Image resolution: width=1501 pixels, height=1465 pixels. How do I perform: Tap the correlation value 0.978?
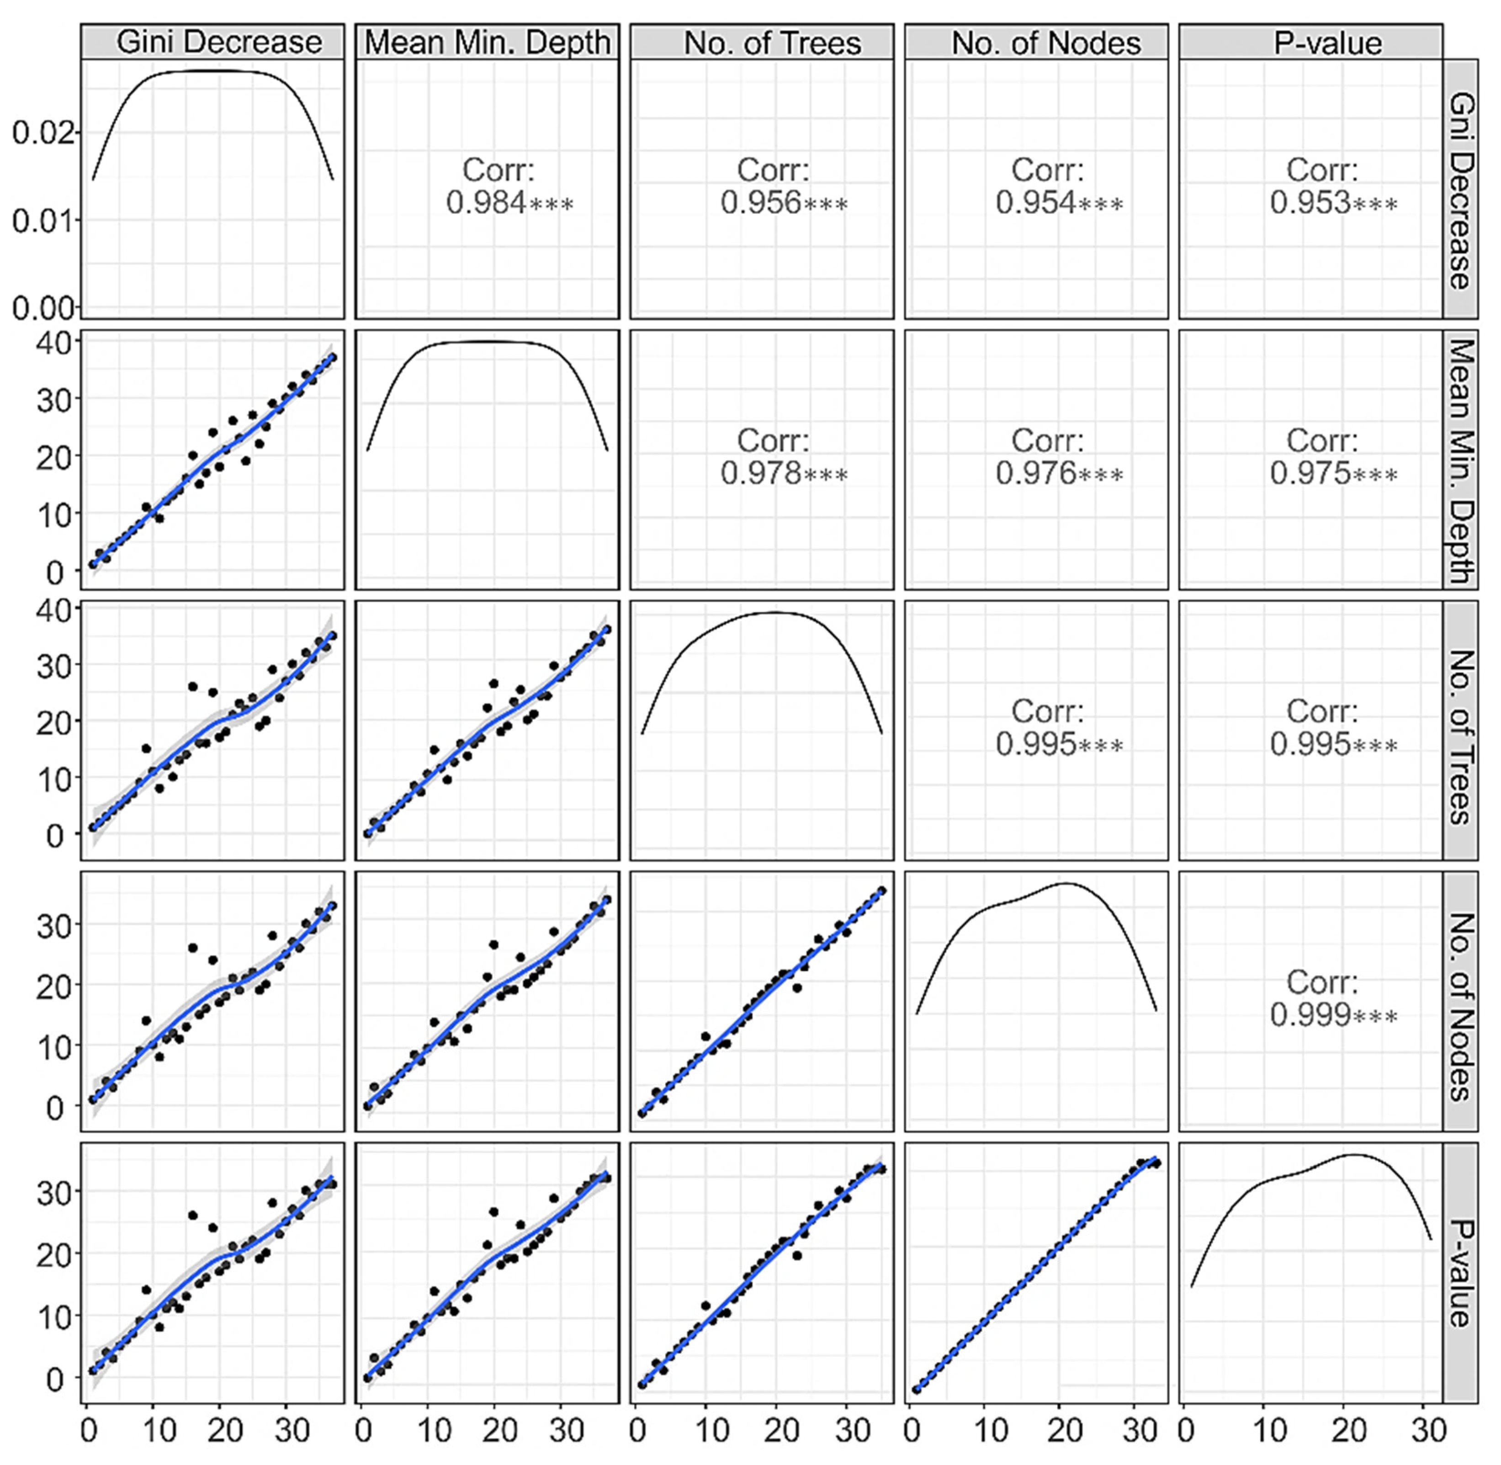tap(762, 473)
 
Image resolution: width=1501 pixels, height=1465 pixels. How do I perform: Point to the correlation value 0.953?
tap(1311, 203)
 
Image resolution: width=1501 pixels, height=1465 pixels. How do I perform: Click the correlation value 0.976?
tap(1036, 473)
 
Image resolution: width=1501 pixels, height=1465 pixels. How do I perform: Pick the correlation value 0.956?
tap(762, 203)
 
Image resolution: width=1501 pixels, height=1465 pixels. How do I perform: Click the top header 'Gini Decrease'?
tap(219, 42)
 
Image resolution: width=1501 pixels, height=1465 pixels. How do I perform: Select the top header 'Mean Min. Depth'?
tap(487, 42)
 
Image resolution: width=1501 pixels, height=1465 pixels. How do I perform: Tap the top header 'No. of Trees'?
tap(772, 42)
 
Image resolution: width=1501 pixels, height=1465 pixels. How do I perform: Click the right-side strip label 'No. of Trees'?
tap(1459, 737)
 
